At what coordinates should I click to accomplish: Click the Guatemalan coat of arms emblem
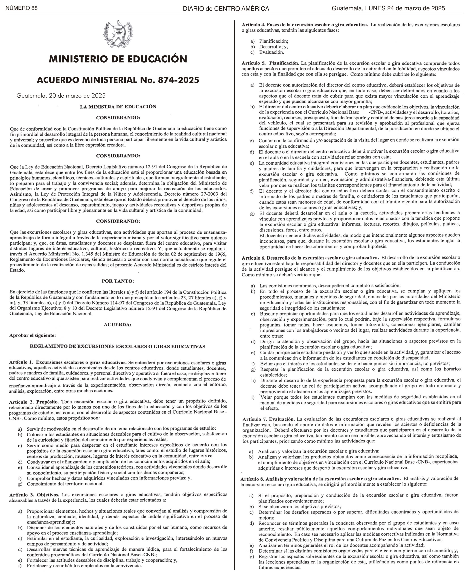118,34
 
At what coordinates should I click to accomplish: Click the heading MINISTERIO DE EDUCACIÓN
118,59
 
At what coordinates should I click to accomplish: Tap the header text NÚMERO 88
22,8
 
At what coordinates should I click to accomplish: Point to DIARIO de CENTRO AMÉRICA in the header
226,9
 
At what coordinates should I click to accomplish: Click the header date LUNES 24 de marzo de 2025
405,8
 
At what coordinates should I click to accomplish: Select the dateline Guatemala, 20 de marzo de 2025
61,96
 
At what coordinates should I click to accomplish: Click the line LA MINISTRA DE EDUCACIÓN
118,107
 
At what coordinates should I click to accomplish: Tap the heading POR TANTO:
118,281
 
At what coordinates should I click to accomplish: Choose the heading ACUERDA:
118,324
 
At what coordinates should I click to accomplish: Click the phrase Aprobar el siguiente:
33,336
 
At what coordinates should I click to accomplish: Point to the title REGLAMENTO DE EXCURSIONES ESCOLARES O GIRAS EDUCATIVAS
117,347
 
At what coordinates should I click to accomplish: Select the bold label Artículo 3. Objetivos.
34,495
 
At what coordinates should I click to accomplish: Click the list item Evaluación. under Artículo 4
272,52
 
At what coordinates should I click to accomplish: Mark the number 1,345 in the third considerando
90,254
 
